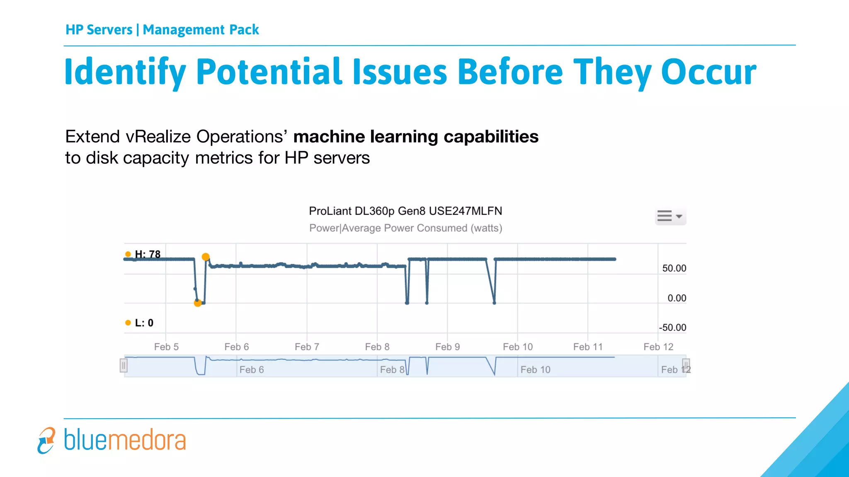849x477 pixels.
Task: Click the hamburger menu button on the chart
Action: click(x=670, y=216)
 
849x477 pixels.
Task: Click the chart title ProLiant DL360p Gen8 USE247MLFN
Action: click(x=405, y=211)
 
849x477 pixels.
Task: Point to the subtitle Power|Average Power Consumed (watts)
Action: click(x=405, y=228)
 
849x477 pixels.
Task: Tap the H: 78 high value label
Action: click(x=147, y=254)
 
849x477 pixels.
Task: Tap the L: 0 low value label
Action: click(x=143, y=323)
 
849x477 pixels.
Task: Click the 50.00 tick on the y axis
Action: click(x=674, y=268)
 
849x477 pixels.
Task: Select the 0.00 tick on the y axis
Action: click(x=676, y=298)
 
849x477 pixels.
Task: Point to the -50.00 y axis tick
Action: click(x=672, y=328)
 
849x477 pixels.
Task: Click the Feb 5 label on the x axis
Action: click(x=166, y=347)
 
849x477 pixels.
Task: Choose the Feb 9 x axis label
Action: click(x=447, y=347)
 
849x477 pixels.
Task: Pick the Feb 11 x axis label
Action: click(x=587, y=347)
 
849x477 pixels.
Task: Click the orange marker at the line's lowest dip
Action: click(x=198, y=303)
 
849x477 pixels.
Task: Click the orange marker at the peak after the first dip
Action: click(x=206, y=257)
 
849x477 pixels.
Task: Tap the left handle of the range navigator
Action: click(x=124, y=366)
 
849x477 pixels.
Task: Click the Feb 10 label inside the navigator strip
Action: click(x=535, y=370)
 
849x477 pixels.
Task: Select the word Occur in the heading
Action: click(x=708, y=72)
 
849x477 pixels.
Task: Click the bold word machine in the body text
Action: click(x=329, y=137)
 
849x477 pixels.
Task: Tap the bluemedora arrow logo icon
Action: click(x=46, y=441)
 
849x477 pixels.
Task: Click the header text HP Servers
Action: click(x=99, y=30)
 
